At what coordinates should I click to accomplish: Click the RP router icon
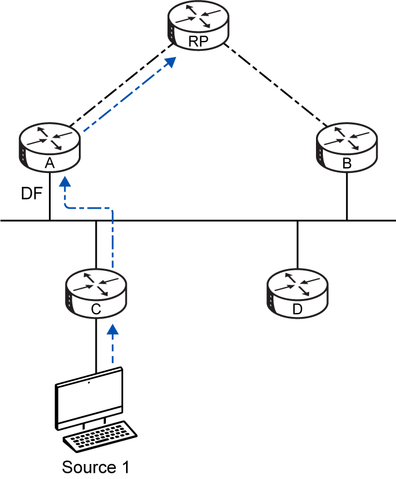click(199, 25)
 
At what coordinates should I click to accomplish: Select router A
click(49, 148)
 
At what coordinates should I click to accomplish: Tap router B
click(347, 148)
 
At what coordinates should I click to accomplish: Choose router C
click(96, 294)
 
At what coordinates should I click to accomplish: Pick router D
click(298, 294)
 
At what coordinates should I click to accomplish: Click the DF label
click(32, 193)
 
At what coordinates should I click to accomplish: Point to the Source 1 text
click(96, 467)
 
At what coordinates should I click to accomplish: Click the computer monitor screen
click(89, 398)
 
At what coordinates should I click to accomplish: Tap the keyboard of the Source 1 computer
click(100, 436)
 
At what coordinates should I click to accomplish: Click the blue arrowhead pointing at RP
click(170, 62)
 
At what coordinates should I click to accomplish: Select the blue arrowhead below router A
click(64, 182)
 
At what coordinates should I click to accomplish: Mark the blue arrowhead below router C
click(113, 329)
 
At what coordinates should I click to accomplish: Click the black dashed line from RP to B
click(275, 85)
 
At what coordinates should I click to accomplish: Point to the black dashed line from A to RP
click(121, 85)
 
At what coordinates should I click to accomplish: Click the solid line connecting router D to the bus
click(298, 245)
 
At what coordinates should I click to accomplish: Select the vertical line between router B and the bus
click(347, 196)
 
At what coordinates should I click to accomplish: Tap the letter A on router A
click(49, 163)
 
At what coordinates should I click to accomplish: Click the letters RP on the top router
click(199, 41)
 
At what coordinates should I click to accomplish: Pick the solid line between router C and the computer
click(96, 346)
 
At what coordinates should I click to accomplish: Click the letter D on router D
click(298, 309)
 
